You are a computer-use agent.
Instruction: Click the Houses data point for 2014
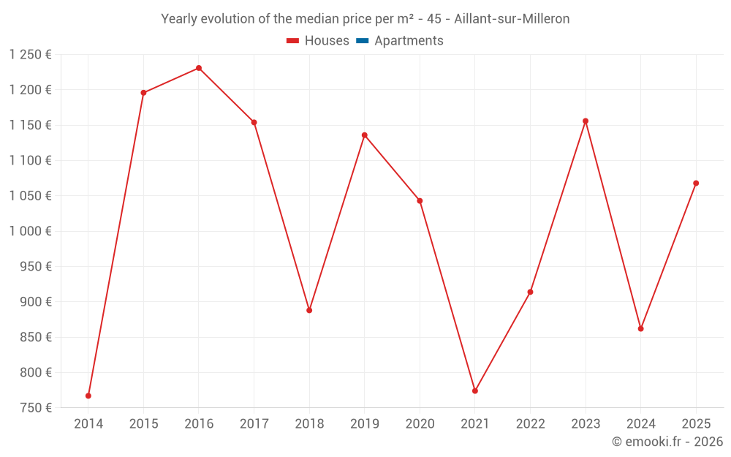click(x=88, y=396)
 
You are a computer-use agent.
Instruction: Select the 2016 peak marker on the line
click(x=199, y=68)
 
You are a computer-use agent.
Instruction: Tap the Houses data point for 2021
click(x=475, y=390)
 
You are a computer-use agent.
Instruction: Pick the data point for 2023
click(x=586, y=121)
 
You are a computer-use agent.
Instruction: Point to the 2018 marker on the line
click(x=309, y=310)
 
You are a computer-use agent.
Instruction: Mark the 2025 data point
click(x=696, y=183)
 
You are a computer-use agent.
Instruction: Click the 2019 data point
click(x=364, y=135)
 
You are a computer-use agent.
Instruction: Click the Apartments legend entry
click(x=409, y=41)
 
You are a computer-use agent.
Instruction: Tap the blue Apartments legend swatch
click(x=362, y=41)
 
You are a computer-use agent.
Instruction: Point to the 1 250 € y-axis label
click(x=30, y=55)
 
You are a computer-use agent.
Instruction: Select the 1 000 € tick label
click(x=30, y=231)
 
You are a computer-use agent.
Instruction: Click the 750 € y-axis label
click(x=36, y=408)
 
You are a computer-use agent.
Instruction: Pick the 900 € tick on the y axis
click(x=36, y=302)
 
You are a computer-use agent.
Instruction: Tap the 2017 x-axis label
click(x=254, y=423)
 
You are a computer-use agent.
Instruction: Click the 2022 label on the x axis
click(x=530, y=423)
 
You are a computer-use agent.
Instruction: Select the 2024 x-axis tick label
click(x=640, y=423)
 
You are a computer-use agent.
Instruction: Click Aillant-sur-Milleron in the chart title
click(x=512, y=19)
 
